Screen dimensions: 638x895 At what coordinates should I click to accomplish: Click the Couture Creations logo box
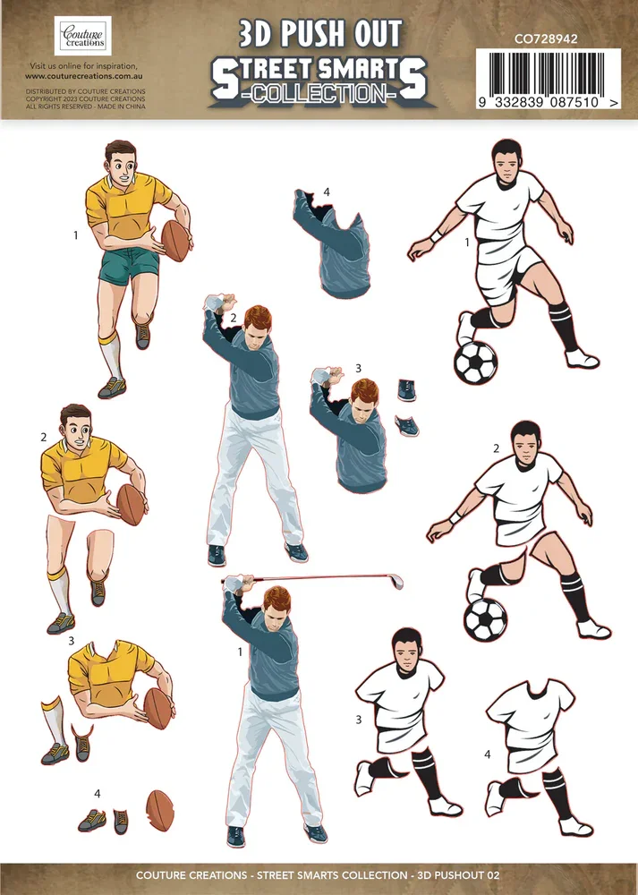point(83,36)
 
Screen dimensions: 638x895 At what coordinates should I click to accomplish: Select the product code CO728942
point(546,38)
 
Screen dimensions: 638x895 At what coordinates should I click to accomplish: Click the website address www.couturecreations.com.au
point(84,76)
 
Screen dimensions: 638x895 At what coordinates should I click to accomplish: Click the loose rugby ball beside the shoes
point(160,810)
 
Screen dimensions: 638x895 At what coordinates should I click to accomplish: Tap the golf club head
point(396,582)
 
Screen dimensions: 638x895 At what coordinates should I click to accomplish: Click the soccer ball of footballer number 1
point(475,362)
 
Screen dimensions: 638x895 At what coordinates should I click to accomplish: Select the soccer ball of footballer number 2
point(485,618)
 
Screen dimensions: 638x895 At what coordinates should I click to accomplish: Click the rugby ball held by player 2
point(131,505)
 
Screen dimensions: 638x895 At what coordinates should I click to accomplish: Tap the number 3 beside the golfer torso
point(359,368)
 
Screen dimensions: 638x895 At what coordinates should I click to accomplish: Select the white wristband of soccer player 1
point(437,235)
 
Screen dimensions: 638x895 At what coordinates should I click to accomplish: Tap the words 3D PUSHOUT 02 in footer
point(458,874)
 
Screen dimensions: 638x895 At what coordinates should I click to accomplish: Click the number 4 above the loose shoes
point(98,793)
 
